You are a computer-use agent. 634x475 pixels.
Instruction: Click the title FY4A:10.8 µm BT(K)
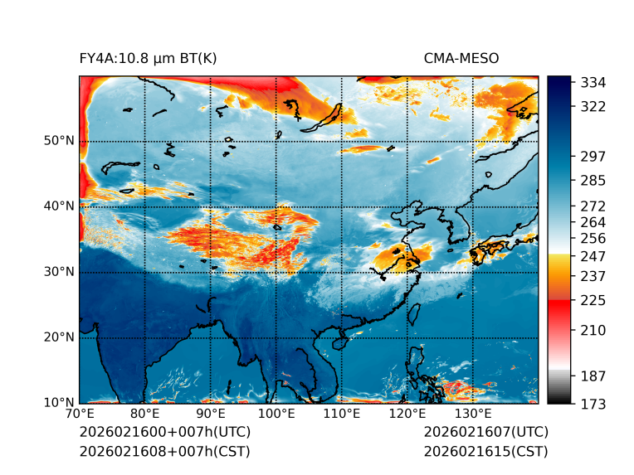(x=148, y=58)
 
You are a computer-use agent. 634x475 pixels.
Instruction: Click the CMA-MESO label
(x=461, y=58)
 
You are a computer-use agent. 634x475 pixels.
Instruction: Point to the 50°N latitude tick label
(x=60, y=141)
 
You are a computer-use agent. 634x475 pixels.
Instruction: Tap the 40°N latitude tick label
(x=60, y=206)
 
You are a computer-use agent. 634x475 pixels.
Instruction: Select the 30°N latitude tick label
(x=60, y=272)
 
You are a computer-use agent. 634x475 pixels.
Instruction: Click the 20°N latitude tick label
(x=60, y=337)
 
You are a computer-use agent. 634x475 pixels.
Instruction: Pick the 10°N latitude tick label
(x=60, y=403)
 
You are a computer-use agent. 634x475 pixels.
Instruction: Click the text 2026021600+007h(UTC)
(x=164, y=433)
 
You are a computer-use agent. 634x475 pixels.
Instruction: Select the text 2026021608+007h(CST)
(x=164, y=451)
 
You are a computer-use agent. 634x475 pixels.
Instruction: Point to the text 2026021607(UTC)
(x=485, y=433)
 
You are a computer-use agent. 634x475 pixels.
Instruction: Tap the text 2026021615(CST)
(x=485, y=451)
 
